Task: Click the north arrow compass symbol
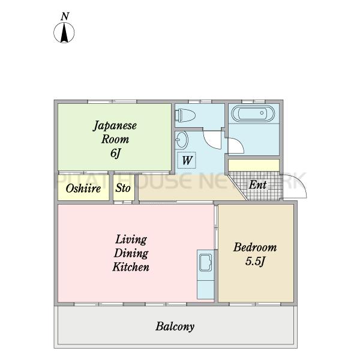point(64,32)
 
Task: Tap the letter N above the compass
point(65,16)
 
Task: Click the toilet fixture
point(185,115)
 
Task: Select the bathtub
point(253,113)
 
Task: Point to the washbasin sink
point(182,140)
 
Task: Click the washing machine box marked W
point(187,160)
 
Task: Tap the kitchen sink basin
point(205,263)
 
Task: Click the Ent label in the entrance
point(258,185)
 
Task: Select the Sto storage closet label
point(123,188)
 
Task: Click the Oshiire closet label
point(83,188)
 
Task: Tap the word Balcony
point(175,326)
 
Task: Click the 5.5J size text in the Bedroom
point(255,261)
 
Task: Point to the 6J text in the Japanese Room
point(115,154)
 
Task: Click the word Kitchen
point(131,267)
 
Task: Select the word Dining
point(131,254)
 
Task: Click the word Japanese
point(115,126)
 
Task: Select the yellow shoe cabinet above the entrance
point(254,165)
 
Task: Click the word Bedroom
point(255,247)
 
